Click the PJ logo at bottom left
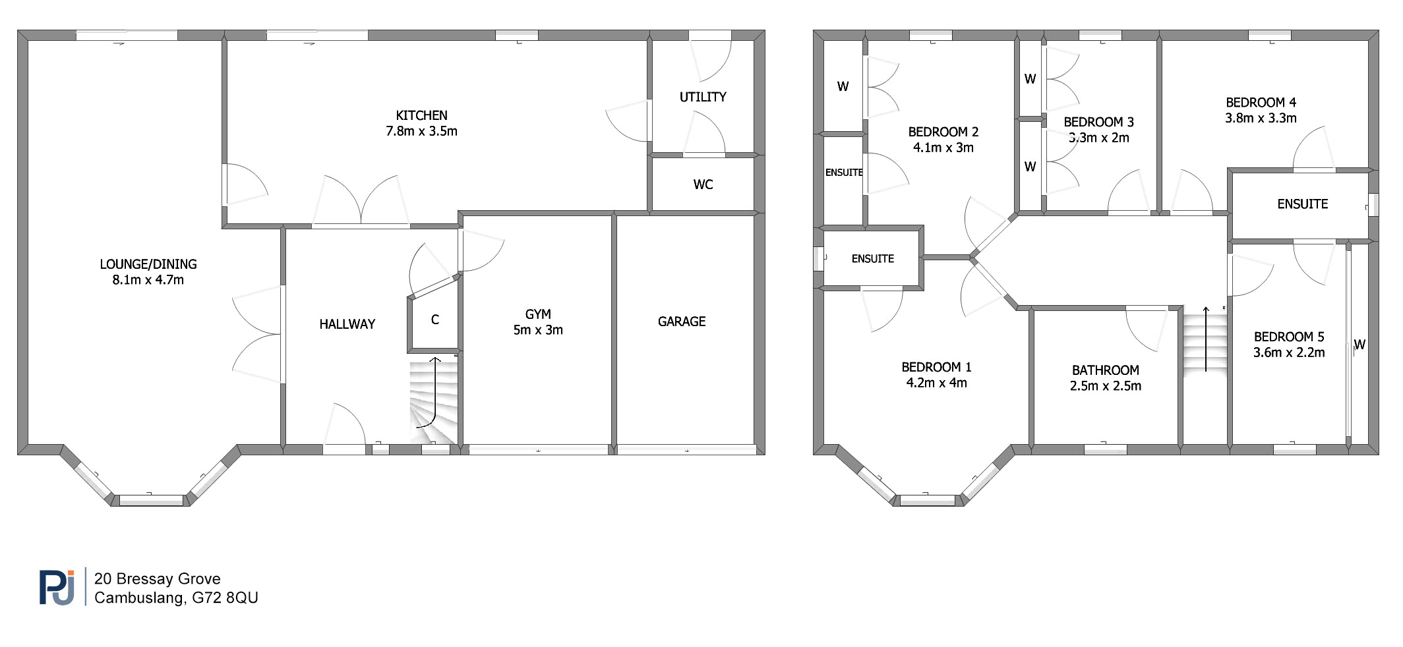57,586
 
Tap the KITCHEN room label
421,115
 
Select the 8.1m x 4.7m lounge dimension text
148,280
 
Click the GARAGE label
682,322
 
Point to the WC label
703,184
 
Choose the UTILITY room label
703,97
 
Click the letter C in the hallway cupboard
434,320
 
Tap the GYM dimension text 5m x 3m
538,330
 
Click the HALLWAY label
347,324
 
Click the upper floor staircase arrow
1206,339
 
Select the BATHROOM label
1105,370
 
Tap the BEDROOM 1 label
936,367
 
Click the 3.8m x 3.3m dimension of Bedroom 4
1261,119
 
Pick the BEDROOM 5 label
1289,337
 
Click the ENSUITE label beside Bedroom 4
1302,204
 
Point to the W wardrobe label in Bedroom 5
1359,345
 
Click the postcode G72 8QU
225,598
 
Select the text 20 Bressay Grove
157,579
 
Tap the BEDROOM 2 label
943,132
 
